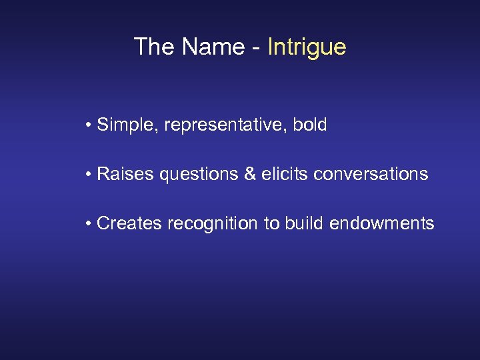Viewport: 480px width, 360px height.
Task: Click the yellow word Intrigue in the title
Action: tap(307, 47)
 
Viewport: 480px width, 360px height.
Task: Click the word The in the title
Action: tap(155, 47)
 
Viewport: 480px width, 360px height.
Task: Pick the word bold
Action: tap(310, 125)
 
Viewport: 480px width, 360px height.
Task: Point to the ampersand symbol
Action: tap(250, 174)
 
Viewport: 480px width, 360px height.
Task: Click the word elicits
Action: tap(285, 174)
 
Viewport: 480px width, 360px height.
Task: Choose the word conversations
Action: tap(371, 174)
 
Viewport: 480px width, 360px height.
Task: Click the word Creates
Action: tap(129, 223)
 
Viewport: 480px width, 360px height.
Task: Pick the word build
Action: tap(303, 223)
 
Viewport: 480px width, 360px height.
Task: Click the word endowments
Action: tap(381, 223)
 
